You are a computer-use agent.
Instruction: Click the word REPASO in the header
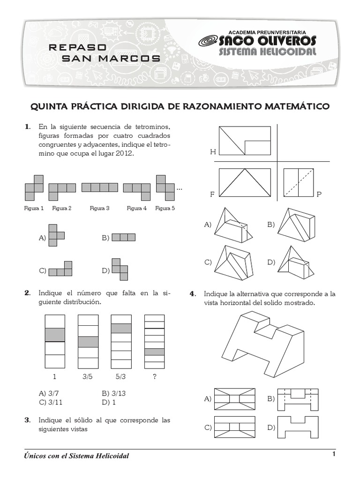pyautogui.click(x=78, y=47)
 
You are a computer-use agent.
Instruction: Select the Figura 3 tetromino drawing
pyautogui.click(x=99, y=187)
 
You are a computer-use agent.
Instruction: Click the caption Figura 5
pyautogui.click(x=165, y=208)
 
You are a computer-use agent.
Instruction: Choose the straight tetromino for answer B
pyautogui.click(x=124, y=238)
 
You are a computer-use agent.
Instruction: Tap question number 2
pyautogui.click(x=27, y=293)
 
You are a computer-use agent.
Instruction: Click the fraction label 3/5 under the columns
pyautogui.click(x=88, y=376)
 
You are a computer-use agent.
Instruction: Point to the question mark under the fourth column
pyautogui.click(x=154, y=376)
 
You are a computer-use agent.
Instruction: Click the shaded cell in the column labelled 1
pyautogui.click(x=54, y=335)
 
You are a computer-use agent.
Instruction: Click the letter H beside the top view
pyautogui.click(x=213, y=152)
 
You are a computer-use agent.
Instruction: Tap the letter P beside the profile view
pyautogui.click(x=319, y=194)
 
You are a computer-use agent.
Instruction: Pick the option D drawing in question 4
pyautogui.click(x=298, y=427)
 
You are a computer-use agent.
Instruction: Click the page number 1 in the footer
pyautogui.click(x=333, y=454)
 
